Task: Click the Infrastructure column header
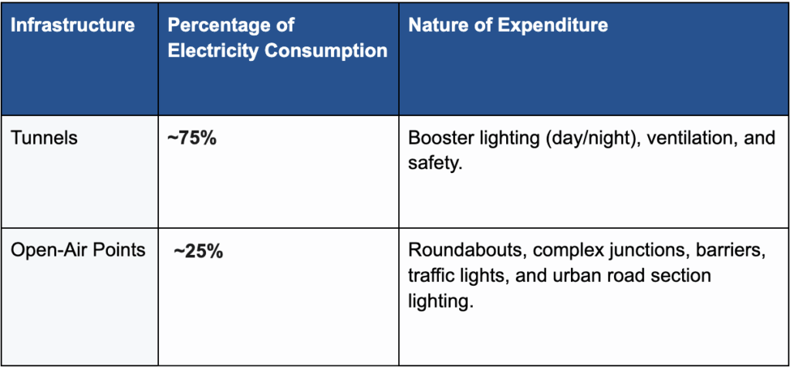(x=73, y=25)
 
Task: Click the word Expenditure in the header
(x=552, y=25)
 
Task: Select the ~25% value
(x=199, y=250)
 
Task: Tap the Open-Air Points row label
(x=78, y=250)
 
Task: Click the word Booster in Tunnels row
(x=437, y=140)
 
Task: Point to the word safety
(x=431, y=165)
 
